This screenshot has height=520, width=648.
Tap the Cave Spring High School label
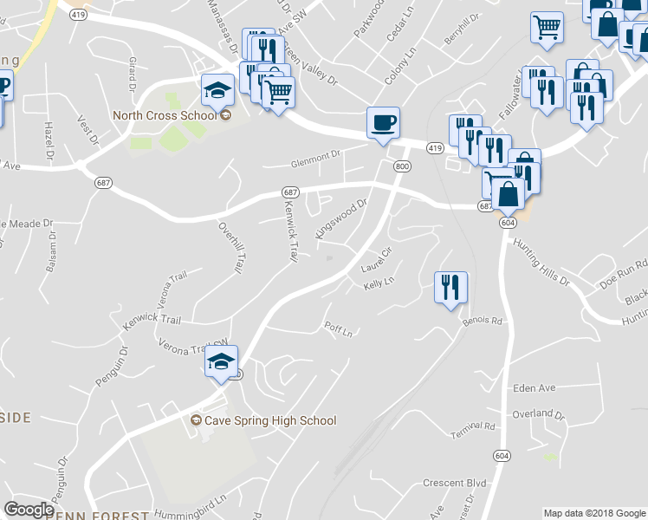click(x=263, y=420)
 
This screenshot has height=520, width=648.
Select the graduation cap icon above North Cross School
click(x=217, y=88)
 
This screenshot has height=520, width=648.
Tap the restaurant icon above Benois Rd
click(x=450, y=287)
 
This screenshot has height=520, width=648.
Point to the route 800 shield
click(x=401, y=166)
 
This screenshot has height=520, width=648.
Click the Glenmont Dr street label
click(x=312, y=158)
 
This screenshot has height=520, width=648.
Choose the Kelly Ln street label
click(x=379, y=283)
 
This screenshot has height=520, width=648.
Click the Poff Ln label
click(x=338, y=330)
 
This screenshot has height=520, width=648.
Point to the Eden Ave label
click(x=534, y=387)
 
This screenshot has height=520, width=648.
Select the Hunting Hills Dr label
click(x=541, y=264)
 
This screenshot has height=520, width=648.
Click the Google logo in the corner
click(x=29, y=510)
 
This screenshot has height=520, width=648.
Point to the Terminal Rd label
click(x=477, y=426)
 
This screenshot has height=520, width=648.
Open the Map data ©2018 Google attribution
click(x=594, y=513)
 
